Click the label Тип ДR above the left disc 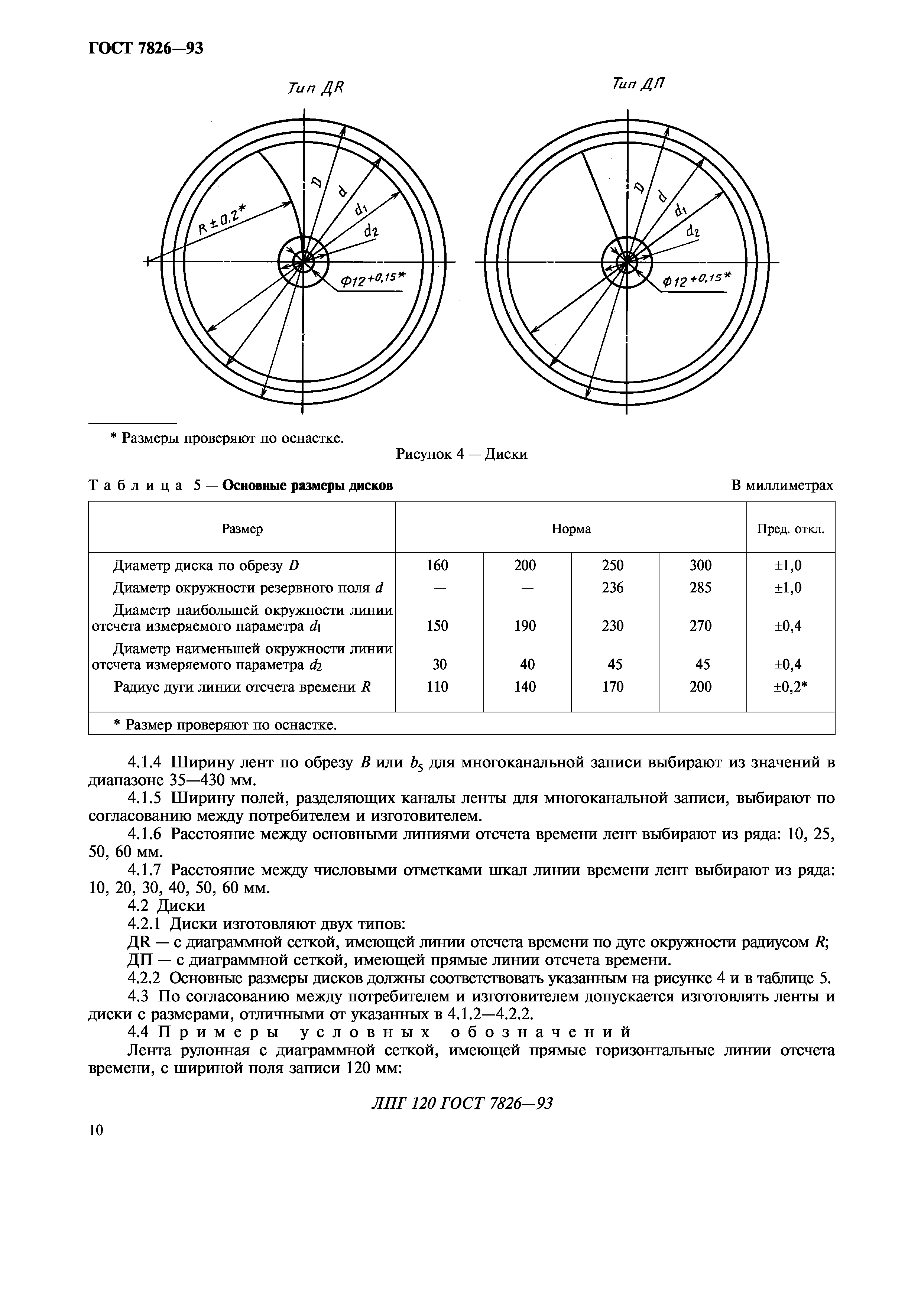point(316,88)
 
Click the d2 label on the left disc point(371,231)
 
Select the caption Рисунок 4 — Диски point(461,454)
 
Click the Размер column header point(242,529)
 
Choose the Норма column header point(571,529)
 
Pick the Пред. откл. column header point(791,529)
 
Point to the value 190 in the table point(525,626)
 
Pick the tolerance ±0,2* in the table point(791,687)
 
